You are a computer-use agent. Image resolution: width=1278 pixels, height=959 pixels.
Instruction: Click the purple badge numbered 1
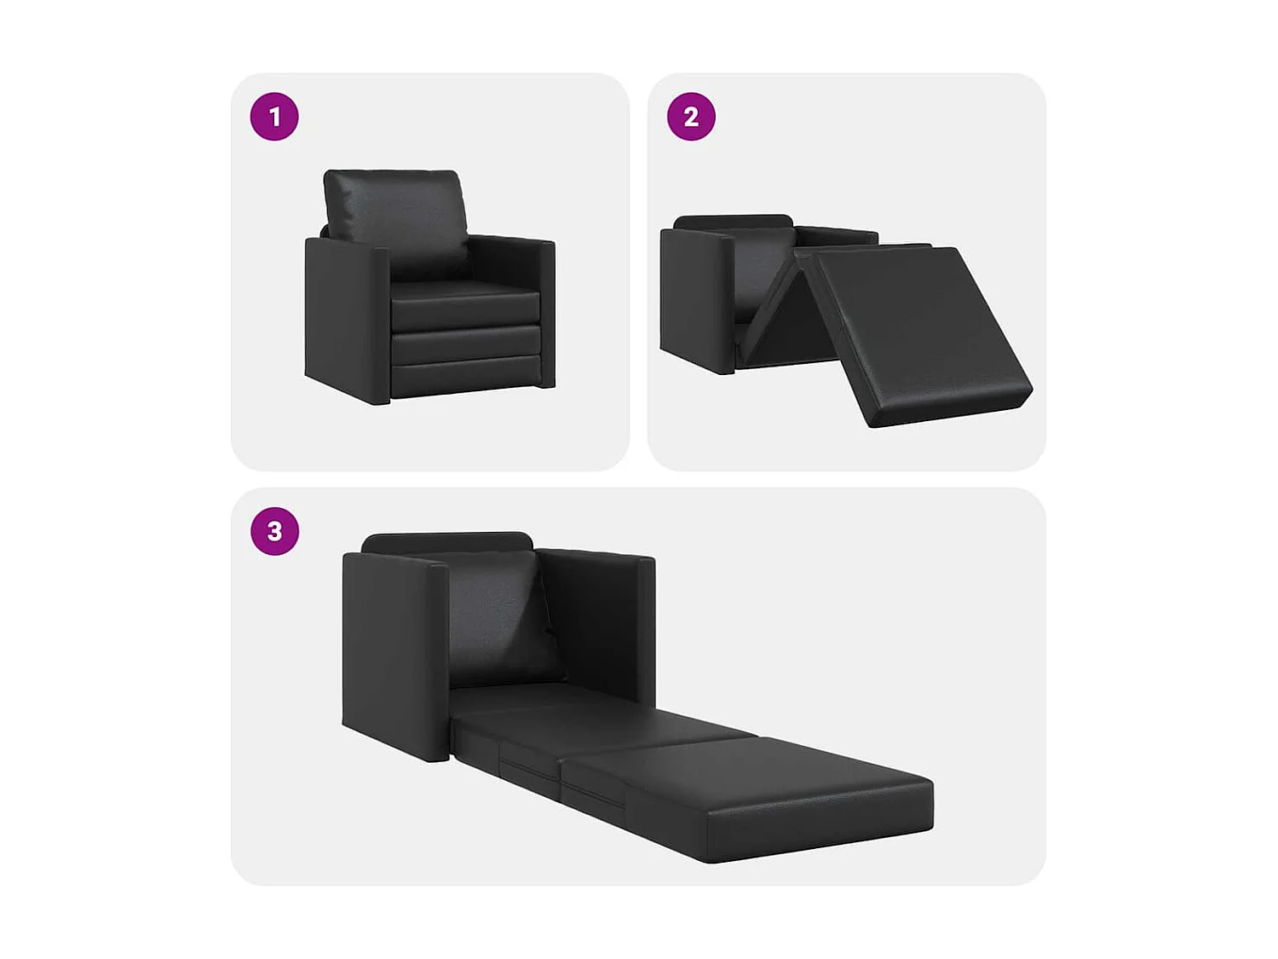coord(274,117)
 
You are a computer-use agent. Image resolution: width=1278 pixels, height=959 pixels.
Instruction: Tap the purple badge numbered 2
coord(691,117)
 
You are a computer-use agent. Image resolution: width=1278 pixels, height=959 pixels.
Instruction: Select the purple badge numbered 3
coord(274,531)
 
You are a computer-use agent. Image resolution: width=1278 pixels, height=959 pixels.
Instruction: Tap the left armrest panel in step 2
coord(694,298)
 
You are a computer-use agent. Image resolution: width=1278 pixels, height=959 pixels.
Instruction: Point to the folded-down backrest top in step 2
coord(733,222)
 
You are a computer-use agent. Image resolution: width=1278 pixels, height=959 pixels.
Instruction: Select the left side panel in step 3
coord(392,648)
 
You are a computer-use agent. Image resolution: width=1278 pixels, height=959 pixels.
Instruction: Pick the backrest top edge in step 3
coord(447,542)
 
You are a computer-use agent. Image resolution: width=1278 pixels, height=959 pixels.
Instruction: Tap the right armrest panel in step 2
coord(839,235)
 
